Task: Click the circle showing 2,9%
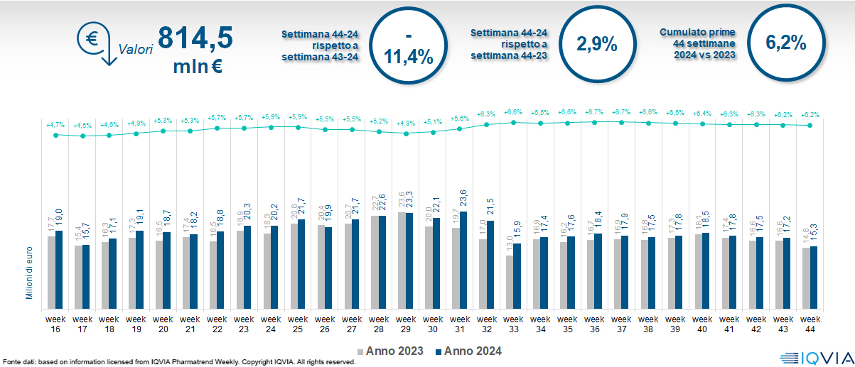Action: pos(596,44)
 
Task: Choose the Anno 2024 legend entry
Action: pos(468,351)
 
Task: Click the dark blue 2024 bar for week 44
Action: pos(814,277)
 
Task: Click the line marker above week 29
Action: pos(407,133)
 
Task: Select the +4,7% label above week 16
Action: pos(55,125)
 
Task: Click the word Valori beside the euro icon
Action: pos(136,50)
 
